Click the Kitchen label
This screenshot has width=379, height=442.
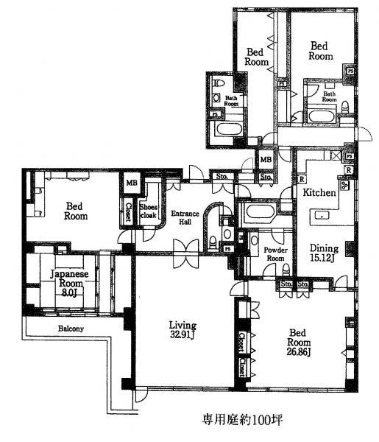click(x=319, y=192)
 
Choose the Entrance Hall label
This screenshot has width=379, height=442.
click(x=184, y=219)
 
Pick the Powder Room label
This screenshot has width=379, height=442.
click(x=274, y=254)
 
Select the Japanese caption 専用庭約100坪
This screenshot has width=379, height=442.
click(x=242, y=421)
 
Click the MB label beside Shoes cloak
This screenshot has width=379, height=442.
click(x=132, y=184)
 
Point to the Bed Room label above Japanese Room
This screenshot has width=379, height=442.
click(x=76, y=211)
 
